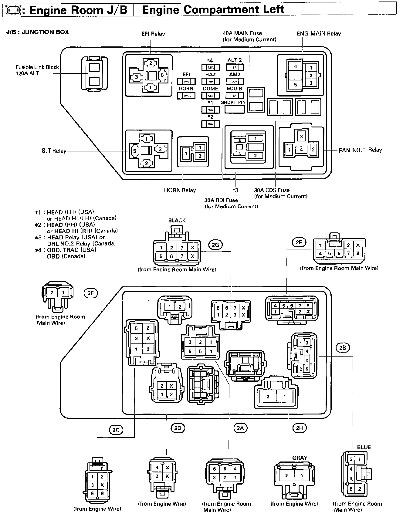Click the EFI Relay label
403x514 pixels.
point(153,34)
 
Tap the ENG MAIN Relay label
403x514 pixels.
point(319,34)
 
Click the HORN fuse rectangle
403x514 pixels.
point(186,96)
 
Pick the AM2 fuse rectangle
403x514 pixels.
point(235,81)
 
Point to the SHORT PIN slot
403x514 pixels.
point(235,109)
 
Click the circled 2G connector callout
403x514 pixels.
point(215,244)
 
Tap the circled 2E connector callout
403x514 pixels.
point(299,242)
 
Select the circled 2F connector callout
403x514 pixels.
point(90,293)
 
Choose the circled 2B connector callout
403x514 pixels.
point(343,348)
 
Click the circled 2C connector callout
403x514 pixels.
point(116,430)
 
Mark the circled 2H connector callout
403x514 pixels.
point(299,428)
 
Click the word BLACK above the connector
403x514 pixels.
point(177,221)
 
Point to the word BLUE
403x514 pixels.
point(364,447)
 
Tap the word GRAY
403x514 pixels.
point(300,458)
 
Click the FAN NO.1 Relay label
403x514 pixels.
point(360,150)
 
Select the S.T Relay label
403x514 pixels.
point(54,151)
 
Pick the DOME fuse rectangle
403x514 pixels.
point(210,96)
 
